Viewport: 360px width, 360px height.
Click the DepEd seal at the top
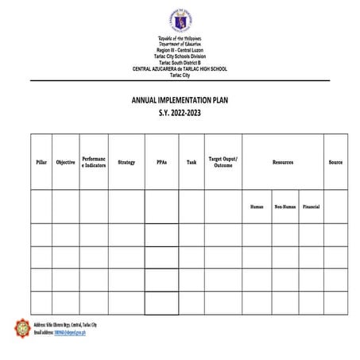pyautogui.click(x=180, y=20)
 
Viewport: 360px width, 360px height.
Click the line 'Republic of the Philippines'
pyautogui.click(x=180, y=38)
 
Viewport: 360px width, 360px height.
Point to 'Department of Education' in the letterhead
pyautogui.click(x=180, y=44)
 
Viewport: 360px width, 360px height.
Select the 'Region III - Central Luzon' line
pyautogui.click(x=180, y=50)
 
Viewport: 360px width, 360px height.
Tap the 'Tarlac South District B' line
pyautogui.click(x=180, y=63)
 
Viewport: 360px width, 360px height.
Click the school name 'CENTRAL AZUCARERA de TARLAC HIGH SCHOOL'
pyautogui.click(x=180, y=69)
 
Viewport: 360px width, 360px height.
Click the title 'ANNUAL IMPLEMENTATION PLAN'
pyautogui.click(x=180, y=102)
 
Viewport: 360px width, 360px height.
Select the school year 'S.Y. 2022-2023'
pyautogui.click(x=180, y=115)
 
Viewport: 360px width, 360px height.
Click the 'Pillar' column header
pyautogui.click(x=41, y=162)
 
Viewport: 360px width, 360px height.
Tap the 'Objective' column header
pyautogui.click(x=65, y=162)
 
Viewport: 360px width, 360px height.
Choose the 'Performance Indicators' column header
pyautogui.click(x=94, y=162)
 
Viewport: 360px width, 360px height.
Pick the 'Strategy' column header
pyautogui.click(x=126, y=162)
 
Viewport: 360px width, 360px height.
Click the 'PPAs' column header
pyautogui.click(x=161, y=162)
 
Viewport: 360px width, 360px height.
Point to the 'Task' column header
pyautogui.click(x=192, y=162)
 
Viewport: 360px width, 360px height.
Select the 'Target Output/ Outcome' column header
pyautogui.click(x=223, y=162)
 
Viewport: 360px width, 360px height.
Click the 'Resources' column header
pyautogui.click(x=283, y=162)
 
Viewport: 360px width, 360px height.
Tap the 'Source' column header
pyautogui.click(x=335, y=162)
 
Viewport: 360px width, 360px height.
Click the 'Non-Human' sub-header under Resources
pyautogui.click(x=285, y=207)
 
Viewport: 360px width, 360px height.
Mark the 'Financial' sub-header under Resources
pyautogui.click(x=311, y=207)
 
